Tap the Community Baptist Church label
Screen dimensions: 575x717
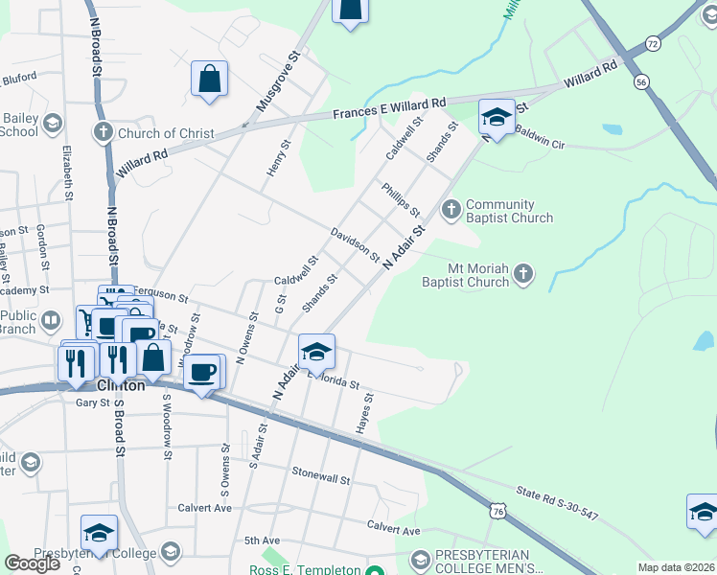pyautogui.click(x=509, y=211)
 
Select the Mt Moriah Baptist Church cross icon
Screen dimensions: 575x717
pyautogui.click(x=522, y=275)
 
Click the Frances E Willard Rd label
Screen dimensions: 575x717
pyautogui.click(x=389, y=108)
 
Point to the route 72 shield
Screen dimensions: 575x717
pyautogui.click(x=653, y=44)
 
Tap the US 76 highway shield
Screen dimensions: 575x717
pyautogui.click(x=497, y=512)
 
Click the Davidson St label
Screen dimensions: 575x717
pyautogui.click(x=355, y=245)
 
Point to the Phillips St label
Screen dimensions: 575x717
pyautogui.click(x=401, y=201)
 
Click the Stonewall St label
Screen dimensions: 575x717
pyautogui.click(x=322, y=475)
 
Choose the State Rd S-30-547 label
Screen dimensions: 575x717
pyautogui.click(x=556, y=503)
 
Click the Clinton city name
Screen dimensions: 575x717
pyautogui.click(x=121, y=385)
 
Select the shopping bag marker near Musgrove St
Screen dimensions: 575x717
pyautogui.click(x=209, y=80)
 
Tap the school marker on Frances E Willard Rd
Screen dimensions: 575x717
pyautogui.click(x=496, y=118)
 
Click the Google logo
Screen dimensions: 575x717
pyautogui.click(x=33, y=563)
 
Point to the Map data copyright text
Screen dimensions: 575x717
pyautogui.click(x=676, y=567)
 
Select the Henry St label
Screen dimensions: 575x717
pyautogui.click(x=277, y=159)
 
